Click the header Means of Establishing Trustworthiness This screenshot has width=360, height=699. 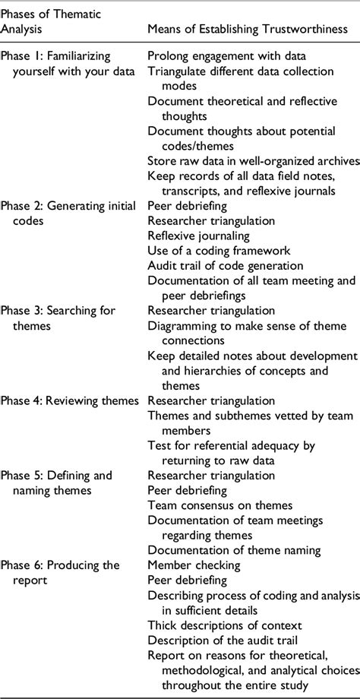pos(248,29)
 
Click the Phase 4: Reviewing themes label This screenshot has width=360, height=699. pos(69,400)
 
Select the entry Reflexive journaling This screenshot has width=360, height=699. pos(199,236)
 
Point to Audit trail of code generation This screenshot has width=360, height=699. pos(225,265)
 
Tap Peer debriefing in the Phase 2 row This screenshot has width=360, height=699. pos(187,205)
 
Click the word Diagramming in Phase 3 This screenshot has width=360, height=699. pos(182,325)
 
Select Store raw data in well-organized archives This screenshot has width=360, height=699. pos(252,161)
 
